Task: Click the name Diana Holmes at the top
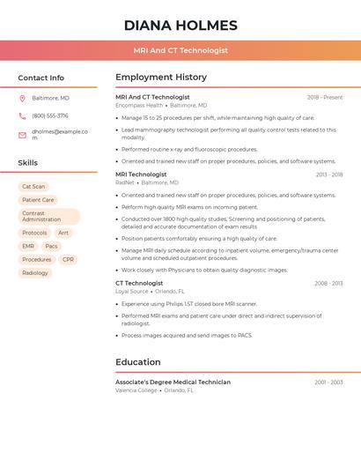tap(180, 25)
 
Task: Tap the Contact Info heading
tap(41, 78)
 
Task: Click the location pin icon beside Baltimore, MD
tap(22, 98)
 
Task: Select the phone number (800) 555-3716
tap(50, 115)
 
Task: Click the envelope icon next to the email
tap(22, 135)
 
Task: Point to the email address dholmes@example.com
tap(60, 135)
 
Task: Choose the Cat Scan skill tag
tap(33, 187)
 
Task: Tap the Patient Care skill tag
tap(38, 200)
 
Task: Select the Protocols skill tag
tap(34, 233)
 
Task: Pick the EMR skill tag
tap(28, 247)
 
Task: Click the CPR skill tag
tap(68, 260)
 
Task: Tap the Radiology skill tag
tap(35, 273)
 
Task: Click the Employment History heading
tap(161, 78)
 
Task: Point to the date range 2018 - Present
tap(325, 98)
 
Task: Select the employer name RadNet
tap(125, 182)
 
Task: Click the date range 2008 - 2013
tap(328, 284)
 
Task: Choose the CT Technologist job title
tap(139, 284)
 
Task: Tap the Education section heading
tap(138, 362)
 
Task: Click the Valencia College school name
tap(136, 389)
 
